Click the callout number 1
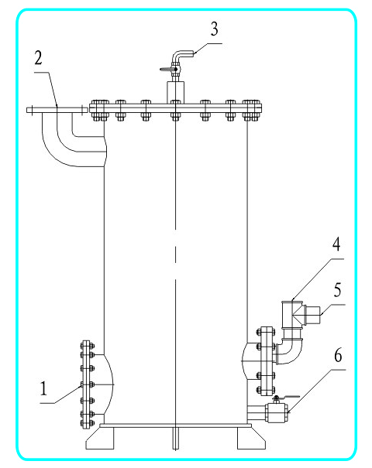43,388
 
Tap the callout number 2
38,58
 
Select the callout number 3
215,29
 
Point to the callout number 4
336,244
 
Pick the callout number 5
337,290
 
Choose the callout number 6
338,355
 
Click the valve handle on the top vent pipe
167,70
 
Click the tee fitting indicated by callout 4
293,314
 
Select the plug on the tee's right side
312,315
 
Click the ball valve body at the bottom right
277,412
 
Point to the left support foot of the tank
100,438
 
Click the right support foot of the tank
251,438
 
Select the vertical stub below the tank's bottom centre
175,438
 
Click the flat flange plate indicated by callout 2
57,110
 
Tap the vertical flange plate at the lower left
87,384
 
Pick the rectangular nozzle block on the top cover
175,93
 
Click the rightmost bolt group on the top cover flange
251,111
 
